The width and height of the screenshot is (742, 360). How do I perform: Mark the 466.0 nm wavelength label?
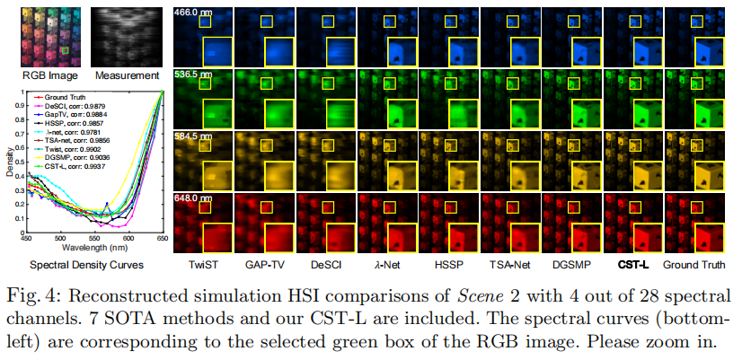coord(192,12)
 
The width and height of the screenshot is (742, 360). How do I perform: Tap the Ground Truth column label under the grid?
coord(697,266)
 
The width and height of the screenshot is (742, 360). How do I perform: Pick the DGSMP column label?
coord(568,266)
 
